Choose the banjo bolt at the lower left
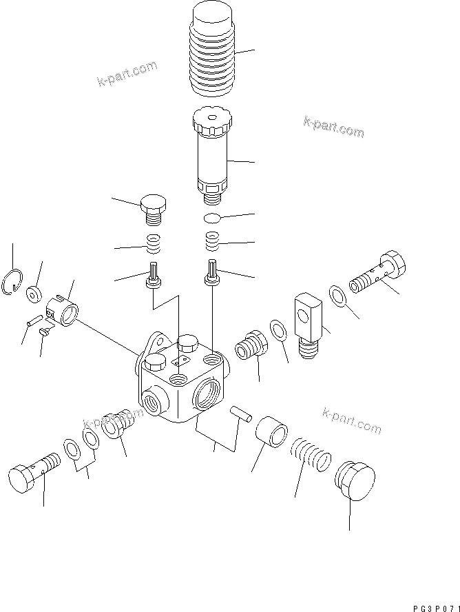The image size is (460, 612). tap(34, 471)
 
